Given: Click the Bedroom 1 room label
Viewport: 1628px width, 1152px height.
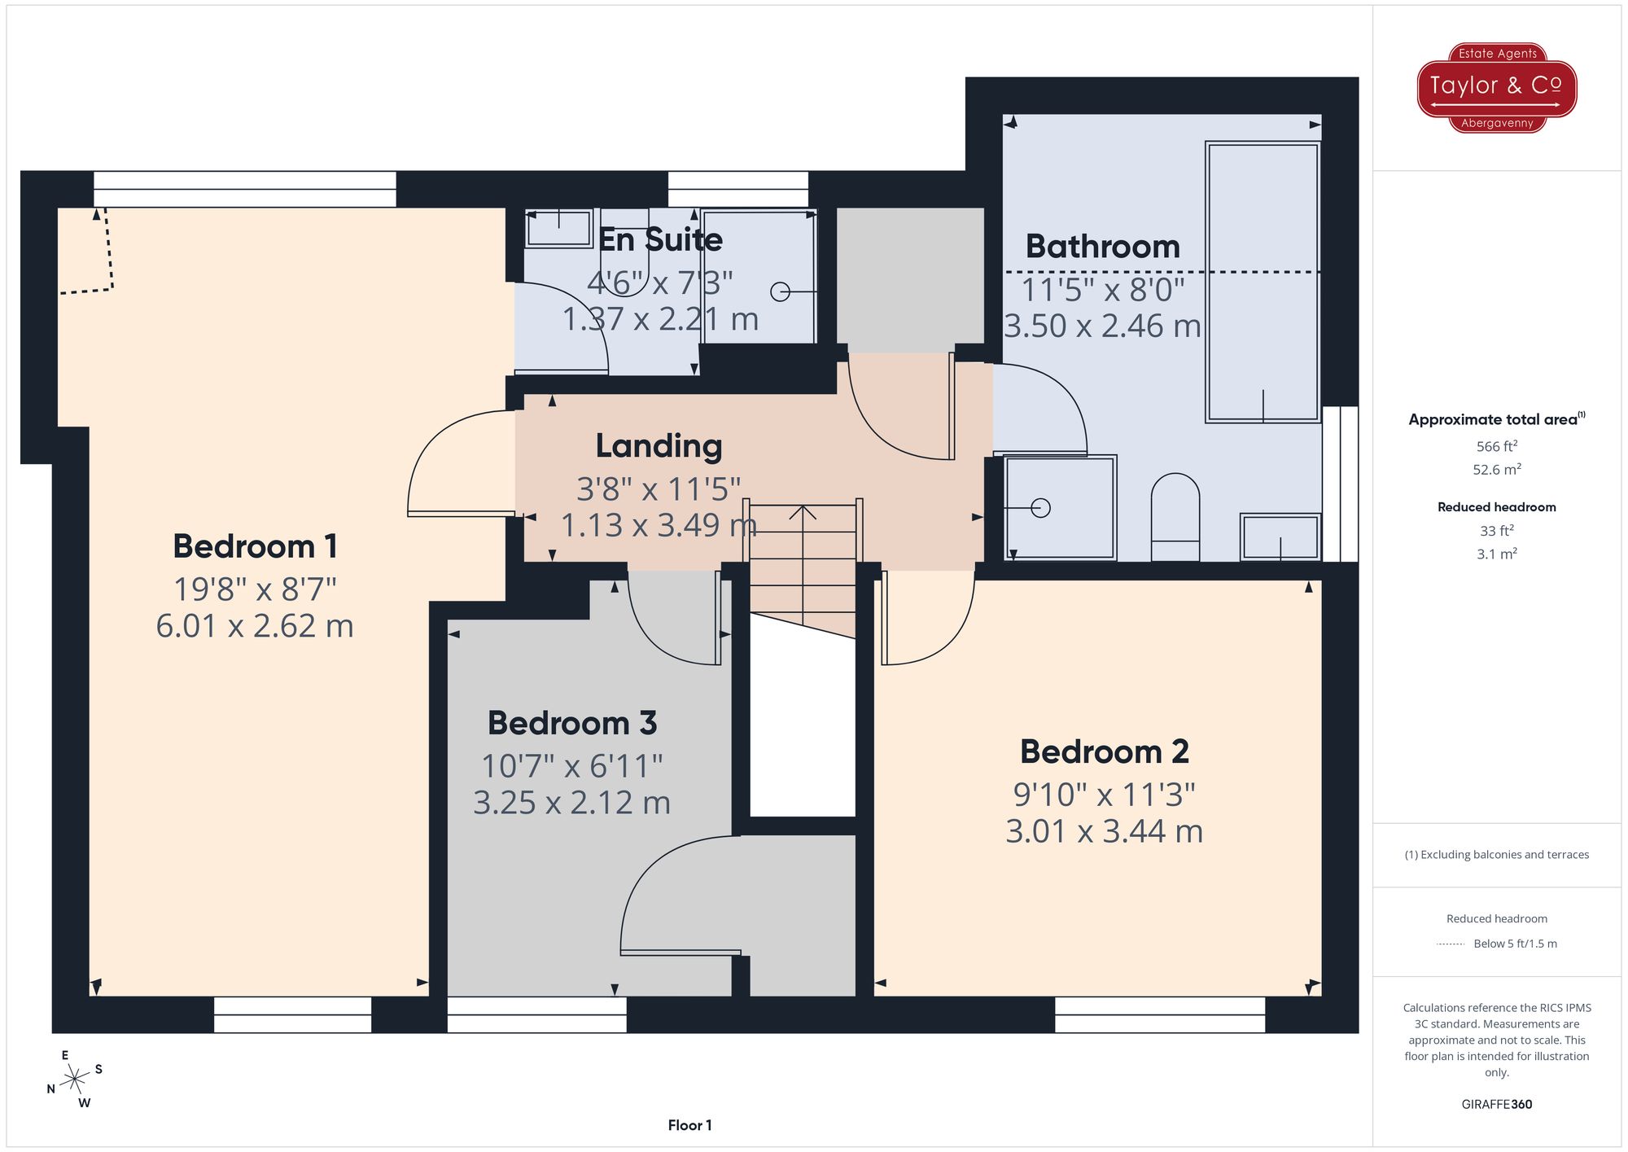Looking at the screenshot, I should [255, 546].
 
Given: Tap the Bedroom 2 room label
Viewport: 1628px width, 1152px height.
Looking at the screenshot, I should [1104, 751].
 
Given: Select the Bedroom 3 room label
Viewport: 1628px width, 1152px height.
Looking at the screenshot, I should [571, 723].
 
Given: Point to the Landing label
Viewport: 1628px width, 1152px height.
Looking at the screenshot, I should [659, 446].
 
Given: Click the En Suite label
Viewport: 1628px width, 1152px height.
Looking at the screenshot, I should [660, 240].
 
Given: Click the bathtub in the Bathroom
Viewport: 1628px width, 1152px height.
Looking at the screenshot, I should [1262, 282].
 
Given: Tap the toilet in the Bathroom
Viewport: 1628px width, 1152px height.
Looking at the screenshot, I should [1175, 517].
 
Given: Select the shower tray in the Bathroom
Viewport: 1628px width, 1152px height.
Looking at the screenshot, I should [1060, 508].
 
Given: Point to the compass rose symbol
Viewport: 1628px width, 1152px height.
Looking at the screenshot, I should [75, 1080].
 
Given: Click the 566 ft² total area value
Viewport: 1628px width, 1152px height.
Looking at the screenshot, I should [1496, 446].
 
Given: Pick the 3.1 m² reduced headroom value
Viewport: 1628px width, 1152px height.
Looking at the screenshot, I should [1496, 554].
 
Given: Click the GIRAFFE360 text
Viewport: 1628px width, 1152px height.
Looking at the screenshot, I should [1496, 1104].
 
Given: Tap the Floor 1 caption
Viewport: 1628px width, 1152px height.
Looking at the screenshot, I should [689, 1125].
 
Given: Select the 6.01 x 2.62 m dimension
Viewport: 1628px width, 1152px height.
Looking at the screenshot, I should [255, 626].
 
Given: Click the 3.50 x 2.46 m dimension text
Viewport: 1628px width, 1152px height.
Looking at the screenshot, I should [1102, 326].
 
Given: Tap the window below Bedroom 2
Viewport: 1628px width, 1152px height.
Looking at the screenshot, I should [1159, 1014].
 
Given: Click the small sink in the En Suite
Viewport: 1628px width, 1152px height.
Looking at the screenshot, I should [558, 229].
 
